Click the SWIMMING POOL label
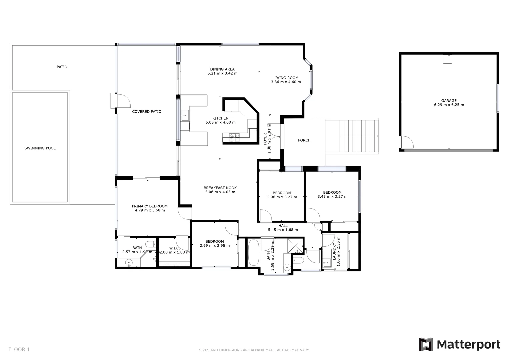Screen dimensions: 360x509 click(40, 148)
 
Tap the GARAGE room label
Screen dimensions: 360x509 click(449, 101)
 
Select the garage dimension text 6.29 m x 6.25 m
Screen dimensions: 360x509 click(449, 105)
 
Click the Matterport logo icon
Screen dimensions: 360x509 click(426, 344)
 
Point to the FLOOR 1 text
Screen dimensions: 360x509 click(19, 349)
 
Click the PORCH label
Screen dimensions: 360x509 click(304, 140)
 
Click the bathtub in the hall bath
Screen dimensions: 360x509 click(253, 252)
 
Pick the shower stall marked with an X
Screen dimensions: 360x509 click(295, 246)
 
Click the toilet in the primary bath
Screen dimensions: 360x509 click(150, 243)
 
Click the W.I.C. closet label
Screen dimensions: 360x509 click(174, 248)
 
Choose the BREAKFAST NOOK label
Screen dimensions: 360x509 click(220, 188)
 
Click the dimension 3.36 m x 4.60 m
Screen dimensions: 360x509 click(286, 82)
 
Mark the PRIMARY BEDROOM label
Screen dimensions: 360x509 click(150, 206)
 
